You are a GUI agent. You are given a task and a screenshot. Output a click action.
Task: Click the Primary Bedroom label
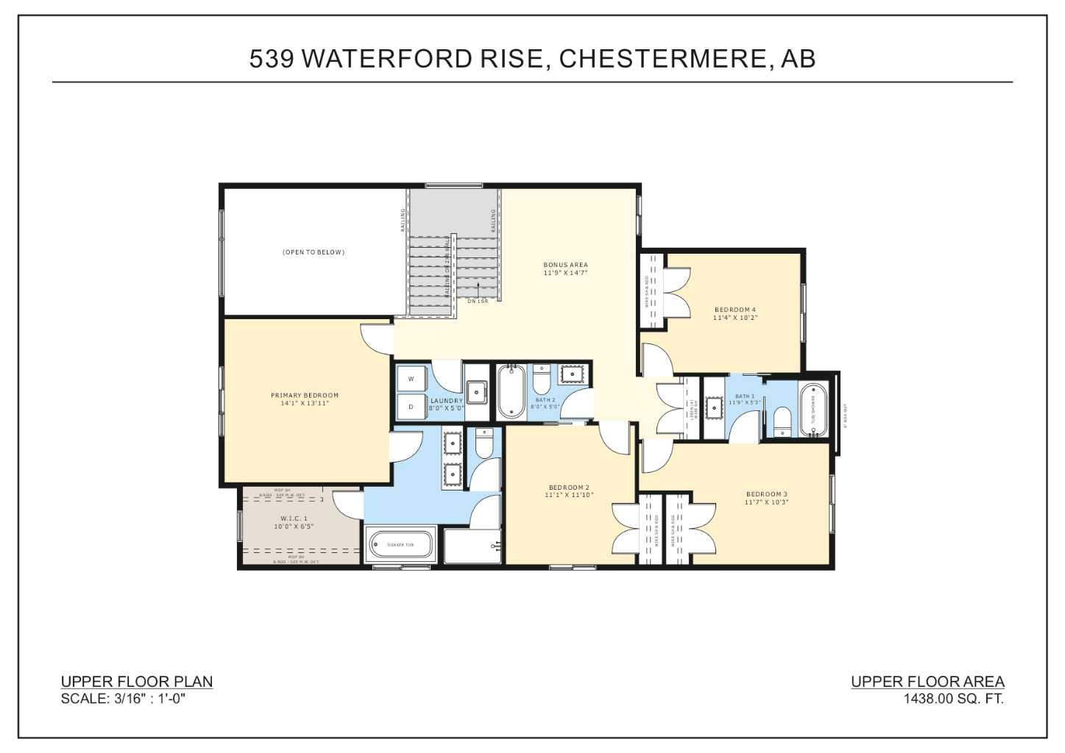tap(305, 395)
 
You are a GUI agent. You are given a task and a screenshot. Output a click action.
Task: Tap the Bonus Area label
tap(565, 265)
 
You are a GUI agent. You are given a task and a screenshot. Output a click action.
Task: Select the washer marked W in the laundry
tap(411, 379)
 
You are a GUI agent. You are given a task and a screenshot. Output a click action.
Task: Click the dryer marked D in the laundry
tap(411, 407)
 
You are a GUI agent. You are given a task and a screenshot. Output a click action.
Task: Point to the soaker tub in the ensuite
tap(401, 545)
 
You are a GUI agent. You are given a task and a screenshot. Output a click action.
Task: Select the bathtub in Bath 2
tap(510, 391)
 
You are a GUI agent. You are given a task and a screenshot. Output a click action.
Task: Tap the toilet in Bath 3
tap(782, 424)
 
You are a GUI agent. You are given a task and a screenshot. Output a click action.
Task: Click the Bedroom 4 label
tap(735, 310)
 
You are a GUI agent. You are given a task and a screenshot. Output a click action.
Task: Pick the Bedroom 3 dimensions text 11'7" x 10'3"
tap(766, 502)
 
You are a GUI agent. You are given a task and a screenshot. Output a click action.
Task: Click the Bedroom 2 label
tap(569, 488)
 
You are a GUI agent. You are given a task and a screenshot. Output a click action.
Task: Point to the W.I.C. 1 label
tap(294, 518)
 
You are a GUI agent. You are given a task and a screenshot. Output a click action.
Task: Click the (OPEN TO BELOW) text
tap(314, 252)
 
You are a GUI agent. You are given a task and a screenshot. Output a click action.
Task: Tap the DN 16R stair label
tap(478, 301)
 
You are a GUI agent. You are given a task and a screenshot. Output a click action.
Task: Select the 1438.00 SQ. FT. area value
tap(953, 699)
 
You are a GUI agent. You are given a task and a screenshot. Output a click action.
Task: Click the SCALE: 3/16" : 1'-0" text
tap(123, 699)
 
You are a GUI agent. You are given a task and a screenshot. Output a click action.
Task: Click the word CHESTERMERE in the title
tap(665, 59)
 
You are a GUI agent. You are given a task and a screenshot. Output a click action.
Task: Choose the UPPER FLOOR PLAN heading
tap(137, 682)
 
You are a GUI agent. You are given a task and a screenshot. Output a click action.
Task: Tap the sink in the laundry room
tap(476, 392)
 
